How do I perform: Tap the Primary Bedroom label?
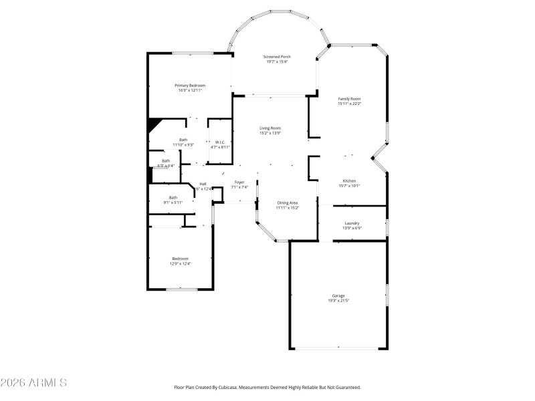(190, 85)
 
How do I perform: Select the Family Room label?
(349, 98)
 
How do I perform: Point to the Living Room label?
(270, 128)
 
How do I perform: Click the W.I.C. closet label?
(219, 142)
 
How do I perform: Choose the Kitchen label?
(349, 181)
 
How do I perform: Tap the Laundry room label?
(352, 223)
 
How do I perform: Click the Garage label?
(339, 295)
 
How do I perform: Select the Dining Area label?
(288, 203)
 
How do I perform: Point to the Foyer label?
(239, 182)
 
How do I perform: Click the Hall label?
(203, 184)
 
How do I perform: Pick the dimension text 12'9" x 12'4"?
(180, 264)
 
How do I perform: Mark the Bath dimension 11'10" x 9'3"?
(183, 145)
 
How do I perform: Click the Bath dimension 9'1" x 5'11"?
(173, 203)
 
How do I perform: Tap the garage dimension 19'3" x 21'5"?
(339, 301)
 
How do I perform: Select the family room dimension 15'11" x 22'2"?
(349, 104)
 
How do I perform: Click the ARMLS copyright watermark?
(33, 383)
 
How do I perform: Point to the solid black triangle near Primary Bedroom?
(154, 125)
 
